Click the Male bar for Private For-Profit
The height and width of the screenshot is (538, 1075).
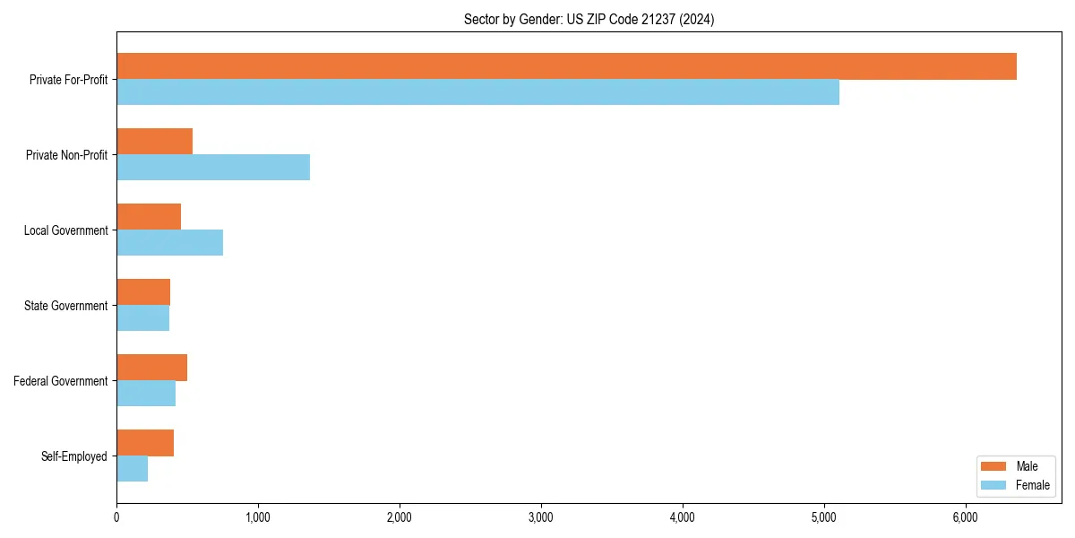coord(566,66)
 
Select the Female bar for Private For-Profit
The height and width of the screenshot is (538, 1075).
coord(477,92)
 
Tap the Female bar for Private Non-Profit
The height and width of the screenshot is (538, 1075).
coord(213,168)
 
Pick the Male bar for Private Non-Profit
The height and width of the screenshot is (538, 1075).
coord(154,142)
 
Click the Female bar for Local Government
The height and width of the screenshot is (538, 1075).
coord(169,243)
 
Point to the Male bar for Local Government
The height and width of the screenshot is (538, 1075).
coord(149,217)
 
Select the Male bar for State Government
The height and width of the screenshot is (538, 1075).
coord(143,292)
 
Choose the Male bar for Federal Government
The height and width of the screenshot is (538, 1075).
coord(151,368)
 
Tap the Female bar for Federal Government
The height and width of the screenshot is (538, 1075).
coord(146,394)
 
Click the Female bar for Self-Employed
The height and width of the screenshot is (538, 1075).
coord(132,469)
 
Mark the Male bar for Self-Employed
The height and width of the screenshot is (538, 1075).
coord(145,443)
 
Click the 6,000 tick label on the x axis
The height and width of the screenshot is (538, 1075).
coord(966,516)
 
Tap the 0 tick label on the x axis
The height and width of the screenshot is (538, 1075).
coord(116,516)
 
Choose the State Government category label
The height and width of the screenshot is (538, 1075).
coord(65,306)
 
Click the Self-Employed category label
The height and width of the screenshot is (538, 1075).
coord(73,456)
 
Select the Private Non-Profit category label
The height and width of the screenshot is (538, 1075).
coord(66,155)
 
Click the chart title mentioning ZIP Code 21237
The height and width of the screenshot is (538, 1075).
coord(589,19)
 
